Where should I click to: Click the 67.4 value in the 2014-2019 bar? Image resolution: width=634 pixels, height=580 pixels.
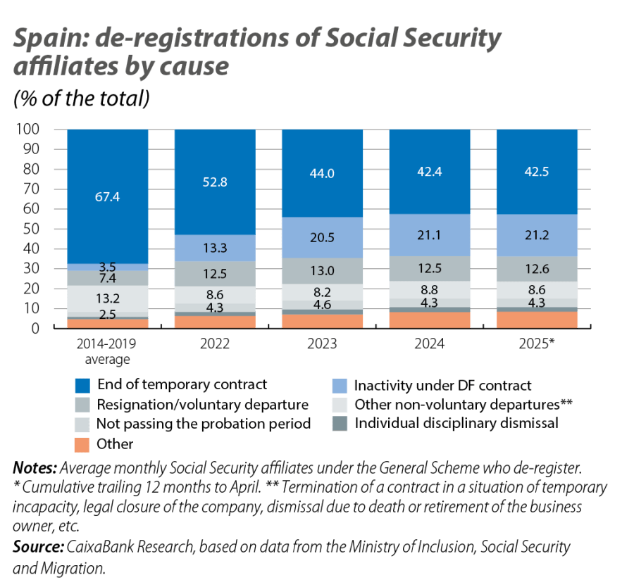tap(108, 197)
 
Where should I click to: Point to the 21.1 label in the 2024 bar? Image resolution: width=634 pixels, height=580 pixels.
tap(430, 234)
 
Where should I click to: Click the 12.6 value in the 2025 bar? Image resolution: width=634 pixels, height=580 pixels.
tap(537, 269)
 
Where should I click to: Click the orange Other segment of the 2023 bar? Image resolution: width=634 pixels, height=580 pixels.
tap(322, 321)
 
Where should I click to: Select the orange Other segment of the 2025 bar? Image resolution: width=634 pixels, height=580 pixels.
tap(537, 320)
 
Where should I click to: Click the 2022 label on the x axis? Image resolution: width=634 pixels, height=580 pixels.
tap(215, 346)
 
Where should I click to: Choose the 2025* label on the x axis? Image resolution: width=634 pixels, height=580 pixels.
tap(537, 346)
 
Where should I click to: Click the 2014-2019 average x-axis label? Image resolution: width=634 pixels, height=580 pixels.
tap(108, 353)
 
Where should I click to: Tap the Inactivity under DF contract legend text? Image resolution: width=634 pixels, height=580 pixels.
tap(442, 385)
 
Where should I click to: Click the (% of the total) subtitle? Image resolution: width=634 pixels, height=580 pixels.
tap(81, 99)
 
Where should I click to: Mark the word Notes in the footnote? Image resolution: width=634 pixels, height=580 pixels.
tap(35, 468)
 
